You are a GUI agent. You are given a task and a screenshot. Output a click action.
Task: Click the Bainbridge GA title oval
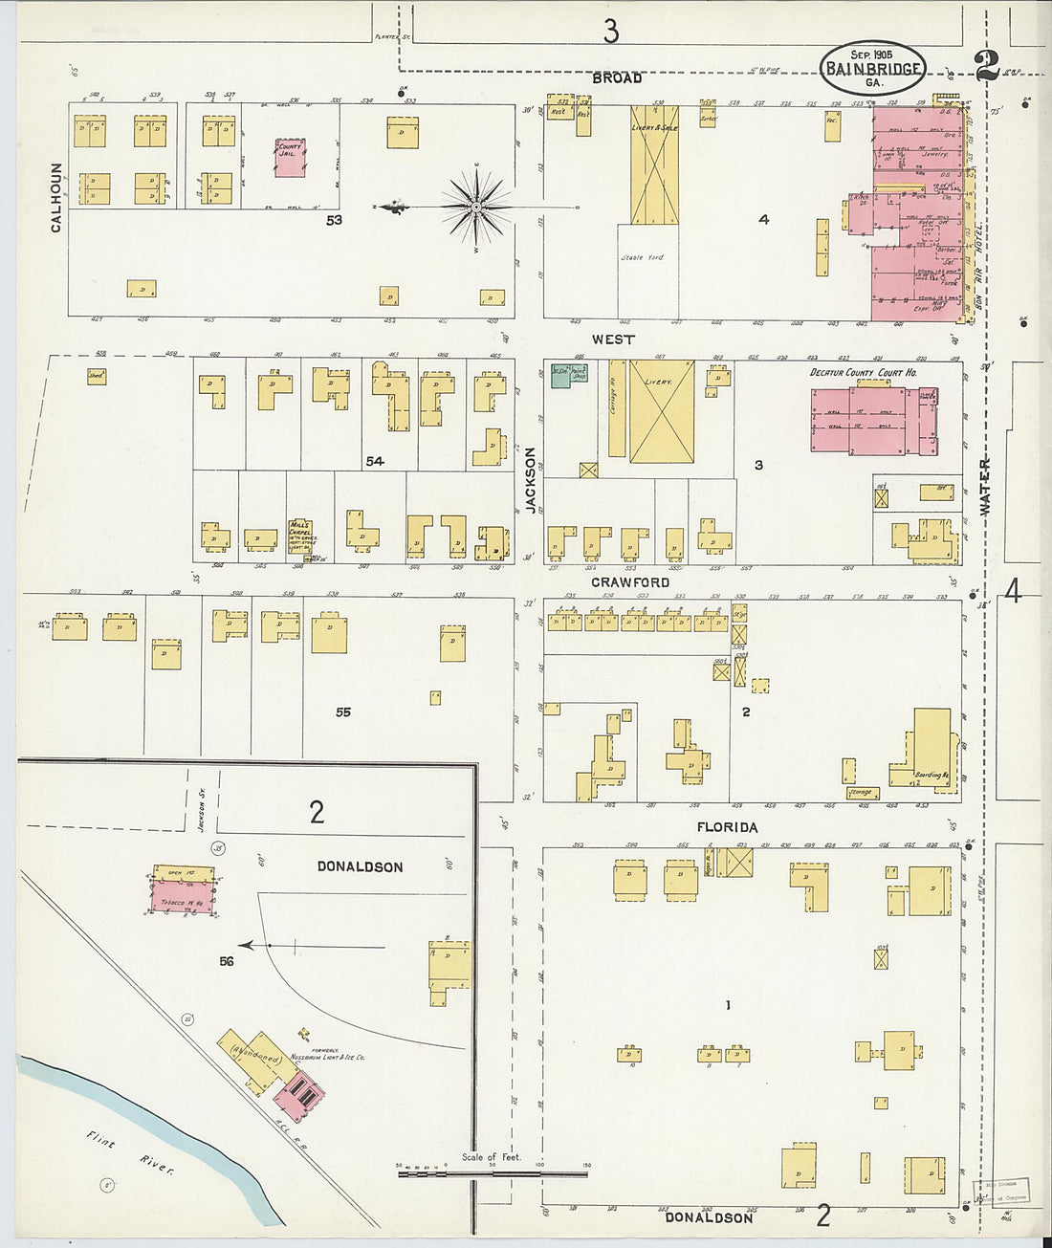point(871,68)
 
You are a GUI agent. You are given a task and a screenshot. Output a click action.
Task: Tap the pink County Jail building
point(290,157)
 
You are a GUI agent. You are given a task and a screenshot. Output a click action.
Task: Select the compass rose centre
point(475,207)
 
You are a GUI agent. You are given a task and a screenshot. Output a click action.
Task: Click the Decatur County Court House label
point(864,372)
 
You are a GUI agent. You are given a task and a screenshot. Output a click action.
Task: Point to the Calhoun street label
point(56,196)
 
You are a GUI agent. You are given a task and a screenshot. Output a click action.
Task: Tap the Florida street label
point(727,827)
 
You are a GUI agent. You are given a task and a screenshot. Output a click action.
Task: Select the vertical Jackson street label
point(531,481)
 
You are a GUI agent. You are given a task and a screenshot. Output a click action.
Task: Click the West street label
point(613,339)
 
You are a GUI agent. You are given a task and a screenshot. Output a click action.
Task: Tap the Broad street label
point(617,78)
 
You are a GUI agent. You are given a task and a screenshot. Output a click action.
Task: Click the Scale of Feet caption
point(492,1157)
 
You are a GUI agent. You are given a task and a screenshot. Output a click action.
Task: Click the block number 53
point(333,220)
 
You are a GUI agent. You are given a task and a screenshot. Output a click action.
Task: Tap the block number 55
point(343,712)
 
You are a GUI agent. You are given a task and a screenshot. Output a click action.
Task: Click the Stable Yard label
point(641,257)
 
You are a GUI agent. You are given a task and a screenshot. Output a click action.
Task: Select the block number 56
point(226,962)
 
